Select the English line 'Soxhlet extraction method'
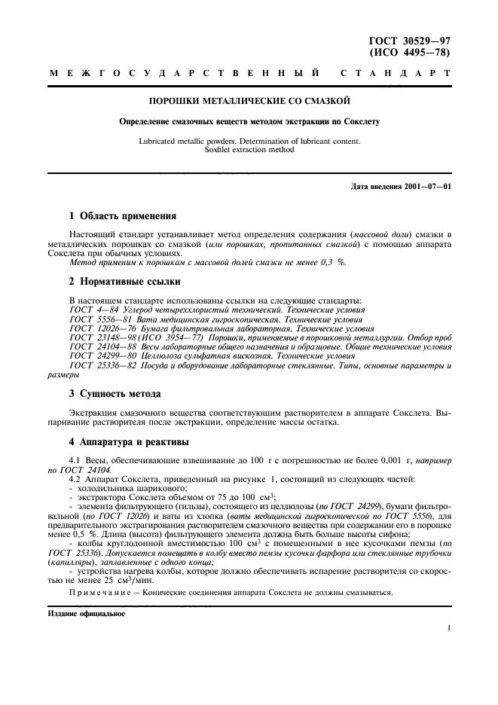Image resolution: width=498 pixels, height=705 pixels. click(x=249, y=149)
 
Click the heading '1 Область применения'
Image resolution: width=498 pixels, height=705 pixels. click(x=122, y=215)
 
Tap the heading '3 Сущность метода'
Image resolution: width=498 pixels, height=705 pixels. click(x=115, y=393)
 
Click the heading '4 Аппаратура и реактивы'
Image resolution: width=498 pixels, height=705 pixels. click(x=129, y=441)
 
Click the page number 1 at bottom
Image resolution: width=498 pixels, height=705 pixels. click(x=448, y=627)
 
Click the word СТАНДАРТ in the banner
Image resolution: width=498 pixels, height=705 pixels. click(x=396, y=74)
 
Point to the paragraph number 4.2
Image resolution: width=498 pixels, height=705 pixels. click(x=74, y=479)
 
